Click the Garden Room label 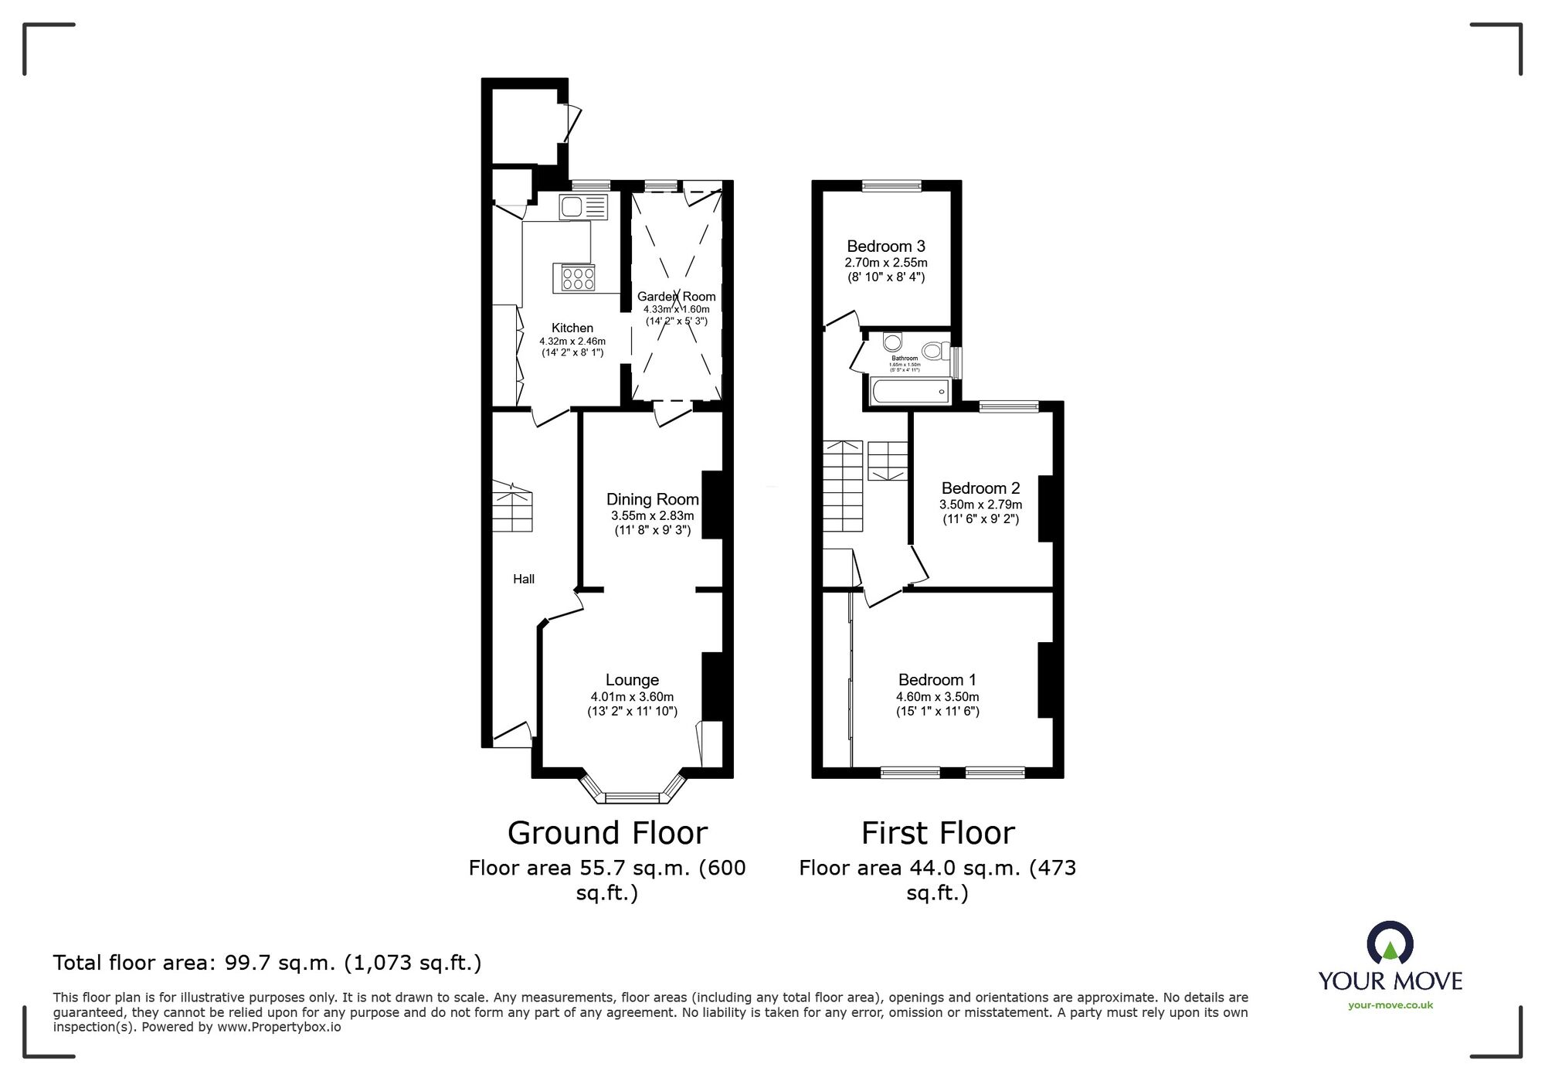click(x=676, y=296)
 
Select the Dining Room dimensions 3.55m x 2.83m click(x=652, y=515)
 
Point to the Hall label click(x=524, y=579)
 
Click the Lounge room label click(x=632, y=680)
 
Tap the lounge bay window click(x=632, y=796)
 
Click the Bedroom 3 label click(x=885, y=246)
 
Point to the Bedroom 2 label click(x=980, y=488)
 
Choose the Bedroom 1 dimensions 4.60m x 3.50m click(x=937, y=696)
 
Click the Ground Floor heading click(x=607, y=833)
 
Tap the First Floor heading click(x=937, y=833)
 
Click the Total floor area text click(x=267, y=963)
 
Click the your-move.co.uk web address click(x=1390, y=1005)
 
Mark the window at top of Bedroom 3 click(x=891, y=185)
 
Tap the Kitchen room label click(x=572, y=328)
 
